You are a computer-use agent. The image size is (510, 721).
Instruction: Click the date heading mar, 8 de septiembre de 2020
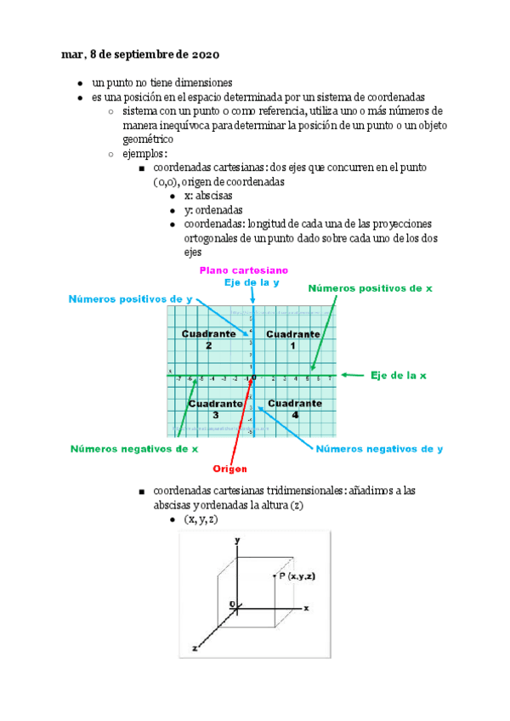[140, 54]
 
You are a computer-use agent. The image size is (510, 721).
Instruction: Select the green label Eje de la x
[398, 375]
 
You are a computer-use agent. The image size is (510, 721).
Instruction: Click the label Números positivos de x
[370, 289]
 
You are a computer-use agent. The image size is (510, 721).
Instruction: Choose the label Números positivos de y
[129, 299]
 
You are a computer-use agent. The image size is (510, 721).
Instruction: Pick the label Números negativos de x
[134, 448]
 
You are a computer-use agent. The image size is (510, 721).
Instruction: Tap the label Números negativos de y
[379, 448]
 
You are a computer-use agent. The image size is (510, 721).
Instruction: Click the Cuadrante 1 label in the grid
[292, 339]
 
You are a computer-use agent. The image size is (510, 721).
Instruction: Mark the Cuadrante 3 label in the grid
[215, 408]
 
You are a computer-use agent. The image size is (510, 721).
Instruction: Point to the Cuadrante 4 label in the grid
[294, 408]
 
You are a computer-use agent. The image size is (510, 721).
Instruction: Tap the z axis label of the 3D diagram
[195, 648]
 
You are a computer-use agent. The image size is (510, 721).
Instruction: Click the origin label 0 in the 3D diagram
[231, 604]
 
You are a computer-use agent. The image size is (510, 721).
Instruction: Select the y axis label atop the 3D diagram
[239, 541]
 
